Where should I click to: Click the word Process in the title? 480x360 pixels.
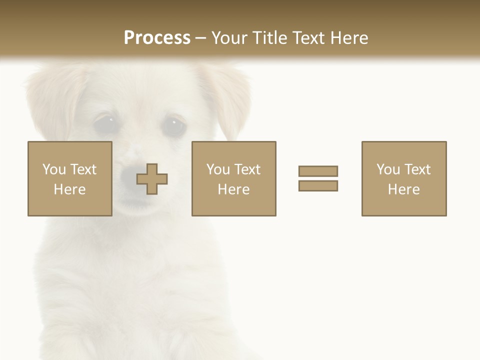tap(157, 37)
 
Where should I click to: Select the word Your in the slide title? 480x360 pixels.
tap(229, 37)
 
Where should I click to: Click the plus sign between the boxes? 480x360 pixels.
tap(152, 178)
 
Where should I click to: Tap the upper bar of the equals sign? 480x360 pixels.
tap(318, 171)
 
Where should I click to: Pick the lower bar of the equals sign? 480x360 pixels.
tap(318, 185)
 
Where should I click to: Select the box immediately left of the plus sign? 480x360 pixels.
tap(70, 178)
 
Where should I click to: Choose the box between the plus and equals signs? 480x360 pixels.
tap(234, 178)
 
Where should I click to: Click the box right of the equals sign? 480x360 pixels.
tap(404, 178)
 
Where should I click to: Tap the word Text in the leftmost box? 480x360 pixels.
tap(83, 169)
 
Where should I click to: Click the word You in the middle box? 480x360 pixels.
tap(218, 169)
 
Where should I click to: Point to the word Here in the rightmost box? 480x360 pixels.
tap(404, 189)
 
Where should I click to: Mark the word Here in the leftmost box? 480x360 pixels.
tap(70, 189)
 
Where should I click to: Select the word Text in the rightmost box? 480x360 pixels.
tap(417, 169)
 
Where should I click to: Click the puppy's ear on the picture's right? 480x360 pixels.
tap(227, 95)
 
